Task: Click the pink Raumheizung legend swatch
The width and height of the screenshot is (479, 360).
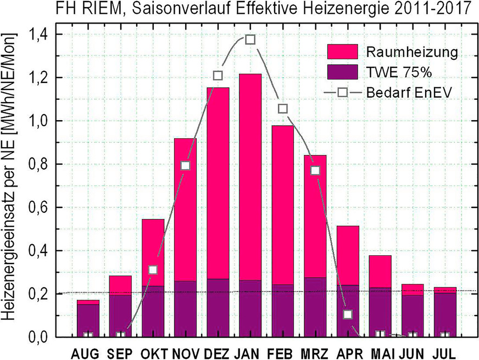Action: coord(343,52)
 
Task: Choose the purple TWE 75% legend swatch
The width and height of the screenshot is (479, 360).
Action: coord(343,72)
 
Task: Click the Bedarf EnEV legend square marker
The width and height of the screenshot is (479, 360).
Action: coord(343,92)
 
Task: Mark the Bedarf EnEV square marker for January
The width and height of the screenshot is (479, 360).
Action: coord(250,40)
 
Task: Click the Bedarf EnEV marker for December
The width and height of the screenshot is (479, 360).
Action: coord(218,75)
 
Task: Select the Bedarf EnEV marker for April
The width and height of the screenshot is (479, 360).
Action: coord(347,314)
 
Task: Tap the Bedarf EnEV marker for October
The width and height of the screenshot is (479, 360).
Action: coord(153,269)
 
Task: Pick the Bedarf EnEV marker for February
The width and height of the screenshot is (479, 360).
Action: coord(283,109)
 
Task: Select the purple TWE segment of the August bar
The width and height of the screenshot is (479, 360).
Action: coord(88,318)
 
